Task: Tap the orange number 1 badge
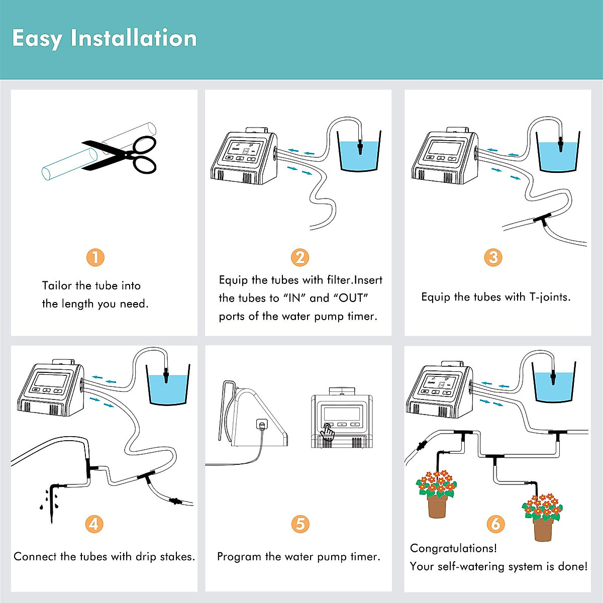[x=95, y=258]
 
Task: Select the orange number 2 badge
[x=300, y=258]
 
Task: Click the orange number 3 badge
[x=493, y=258]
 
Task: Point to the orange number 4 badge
[x=94, y=524]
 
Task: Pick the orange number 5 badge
[x=300, y=524]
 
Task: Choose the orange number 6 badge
[x=495, y=524]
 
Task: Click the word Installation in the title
[x=134, y=38]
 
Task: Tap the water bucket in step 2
[x=359, y=151]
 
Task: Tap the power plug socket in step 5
[x=262, y=425]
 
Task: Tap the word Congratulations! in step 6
[x=453, y=549]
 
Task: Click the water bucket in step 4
[x=168, y=385]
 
